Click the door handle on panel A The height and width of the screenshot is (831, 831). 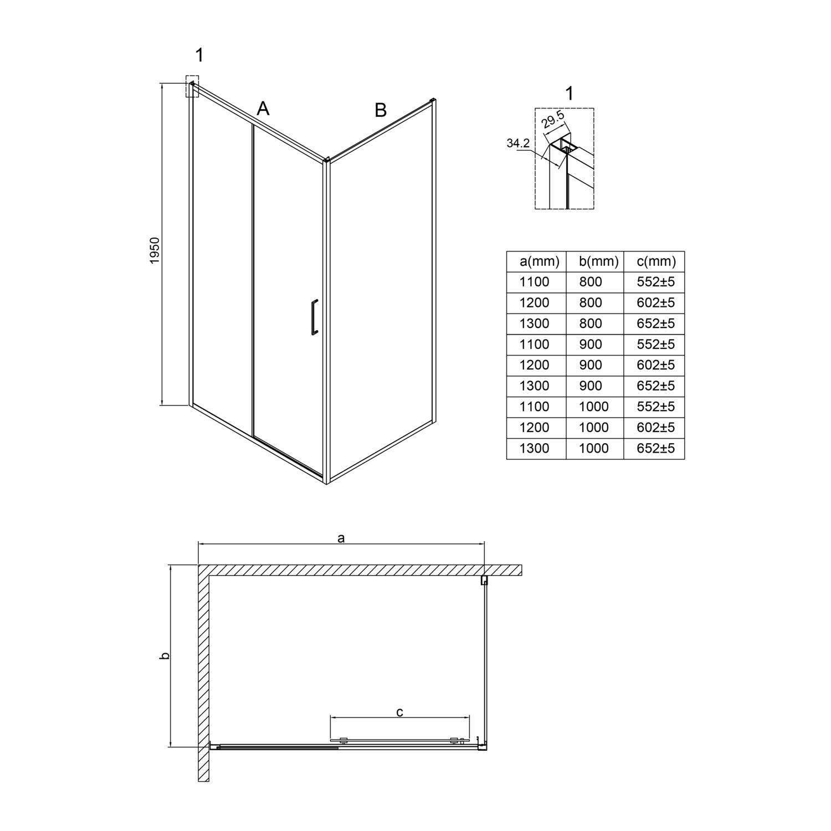[x=314, y=317]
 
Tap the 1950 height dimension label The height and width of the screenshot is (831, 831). [x=155, y=250]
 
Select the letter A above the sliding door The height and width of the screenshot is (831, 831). [x=263, y=108]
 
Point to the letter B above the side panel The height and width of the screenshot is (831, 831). [x=381, y=110]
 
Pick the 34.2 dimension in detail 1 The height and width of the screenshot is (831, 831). [x=518, y=143]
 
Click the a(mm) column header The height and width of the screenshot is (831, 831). [x=536, y=261]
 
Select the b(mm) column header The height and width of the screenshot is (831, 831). [x=594, y=261]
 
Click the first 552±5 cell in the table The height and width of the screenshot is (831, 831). [x=656, y=282]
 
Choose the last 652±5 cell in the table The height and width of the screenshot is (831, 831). [x=656, y=448]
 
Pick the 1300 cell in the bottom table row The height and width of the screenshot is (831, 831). [x=534, y=448]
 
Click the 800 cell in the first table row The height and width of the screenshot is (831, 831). [x=590, y=282]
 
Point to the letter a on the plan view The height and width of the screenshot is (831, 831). [x=341, y=537]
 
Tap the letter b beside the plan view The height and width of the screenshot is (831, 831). [x=164, y=656]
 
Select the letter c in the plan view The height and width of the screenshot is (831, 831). [x=399, y=712]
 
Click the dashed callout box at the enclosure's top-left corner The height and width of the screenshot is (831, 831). [x=192, y=86]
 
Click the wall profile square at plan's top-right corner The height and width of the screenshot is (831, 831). [x=484, y=580]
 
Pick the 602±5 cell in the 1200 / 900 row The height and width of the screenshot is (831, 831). [x=656, y=365]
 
